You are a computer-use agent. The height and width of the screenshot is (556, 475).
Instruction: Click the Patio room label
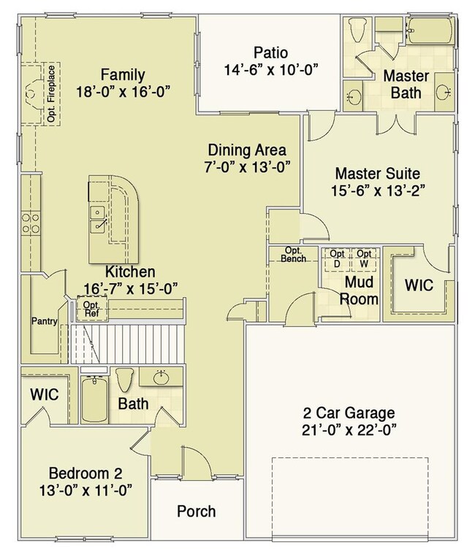point(270,53)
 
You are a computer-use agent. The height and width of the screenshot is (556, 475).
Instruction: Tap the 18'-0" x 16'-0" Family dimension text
point(122,92)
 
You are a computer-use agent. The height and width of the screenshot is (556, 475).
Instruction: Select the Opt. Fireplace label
point(51,93)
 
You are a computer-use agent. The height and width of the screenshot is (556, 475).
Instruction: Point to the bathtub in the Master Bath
point(430,31)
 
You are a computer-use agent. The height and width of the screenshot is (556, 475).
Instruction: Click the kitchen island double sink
point(97,220)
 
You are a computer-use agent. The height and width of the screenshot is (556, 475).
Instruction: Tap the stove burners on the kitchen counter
point(31,223)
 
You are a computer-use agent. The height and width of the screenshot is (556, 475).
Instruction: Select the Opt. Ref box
point(91,309)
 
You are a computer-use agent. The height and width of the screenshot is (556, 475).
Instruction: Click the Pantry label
point(45,321)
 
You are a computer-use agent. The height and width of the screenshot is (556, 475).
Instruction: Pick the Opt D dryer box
point(337,260)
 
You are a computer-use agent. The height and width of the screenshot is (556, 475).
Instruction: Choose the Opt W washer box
point(364,260)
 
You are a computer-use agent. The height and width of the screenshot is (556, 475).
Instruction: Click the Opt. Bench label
point(293,255)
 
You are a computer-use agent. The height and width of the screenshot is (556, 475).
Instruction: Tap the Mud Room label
point(359,290)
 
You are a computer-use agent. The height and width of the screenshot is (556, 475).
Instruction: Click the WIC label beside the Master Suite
point(419,285)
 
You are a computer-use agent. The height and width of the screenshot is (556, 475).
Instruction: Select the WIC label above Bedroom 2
point(45,394)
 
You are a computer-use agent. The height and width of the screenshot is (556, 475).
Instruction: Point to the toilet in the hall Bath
point(125,380)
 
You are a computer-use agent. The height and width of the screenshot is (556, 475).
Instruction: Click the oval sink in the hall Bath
point(161,378)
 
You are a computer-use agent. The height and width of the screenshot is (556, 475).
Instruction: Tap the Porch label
point(197,511)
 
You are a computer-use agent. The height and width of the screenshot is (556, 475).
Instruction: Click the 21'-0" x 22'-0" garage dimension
point(349,430)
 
